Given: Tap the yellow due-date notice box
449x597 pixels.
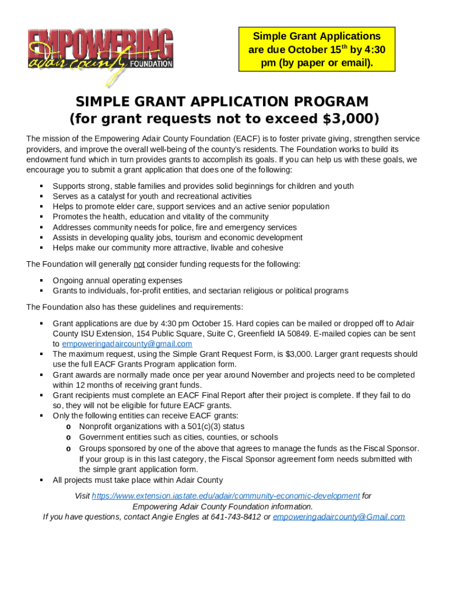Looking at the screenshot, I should coord(317,50).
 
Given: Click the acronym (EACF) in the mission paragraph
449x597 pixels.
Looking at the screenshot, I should coord(247,139).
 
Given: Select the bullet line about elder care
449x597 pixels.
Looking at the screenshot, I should coord(191,206).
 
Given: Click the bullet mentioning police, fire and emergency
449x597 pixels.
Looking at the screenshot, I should coord(174,227).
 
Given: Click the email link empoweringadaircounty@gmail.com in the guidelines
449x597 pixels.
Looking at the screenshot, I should coord(127,344).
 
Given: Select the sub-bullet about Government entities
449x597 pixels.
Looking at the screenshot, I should coord(178,437).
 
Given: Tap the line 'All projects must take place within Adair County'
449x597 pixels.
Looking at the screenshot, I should coord(138,480).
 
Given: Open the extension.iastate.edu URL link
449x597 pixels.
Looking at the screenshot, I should coord(226,496).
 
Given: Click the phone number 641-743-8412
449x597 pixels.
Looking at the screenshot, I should coord(236,517).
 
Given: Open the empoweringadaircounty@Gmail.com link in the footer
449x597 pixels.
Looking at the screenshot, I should coord(339,517).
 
